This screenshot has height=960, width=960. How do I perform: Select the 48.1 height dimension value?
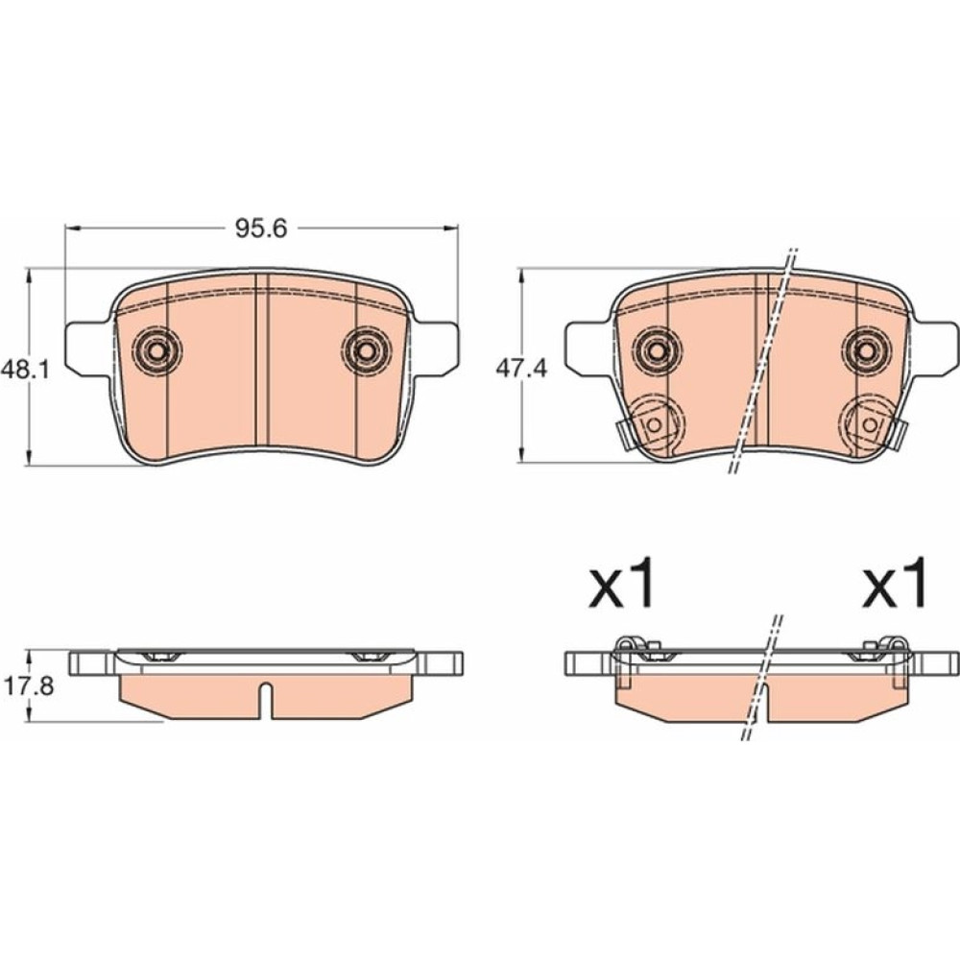(25, 370)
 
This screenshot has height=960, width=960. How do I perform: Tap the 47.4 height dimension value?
(521, 370)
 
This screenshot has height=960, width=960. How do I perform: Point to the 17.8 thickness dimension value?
(29, 686)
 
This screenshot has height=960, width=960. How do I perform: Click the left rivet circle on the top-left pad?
(157, 351)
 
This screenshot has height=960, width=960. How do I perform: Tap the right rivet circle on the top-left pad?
(366, 351)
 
